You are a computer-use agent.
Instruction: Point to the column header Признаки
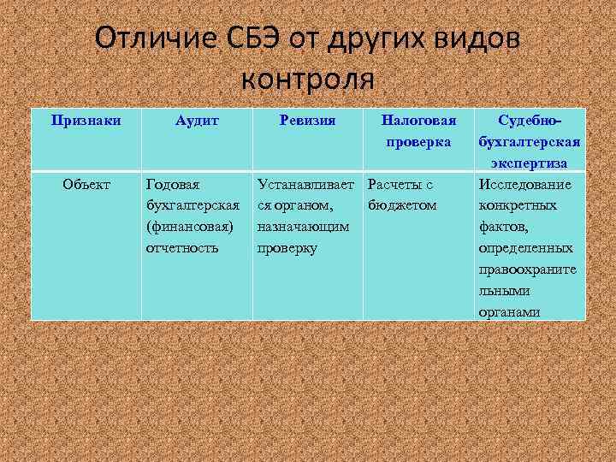(85, 121)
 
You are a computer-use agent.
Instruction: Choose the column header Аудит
(197, 121)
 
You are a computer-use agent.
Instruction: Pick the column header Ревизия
(307, 121)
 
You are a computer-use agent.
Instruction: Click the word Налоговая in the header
(418, 121)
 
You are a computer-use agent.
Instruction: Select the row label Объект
(86, 184)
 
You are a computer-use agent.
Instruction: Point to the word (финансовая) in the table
(190, 227)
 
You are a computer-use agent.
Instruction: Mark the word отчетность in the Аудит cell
(182, 248)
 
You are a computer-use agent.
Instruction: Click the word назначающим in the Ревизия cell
(303, 227)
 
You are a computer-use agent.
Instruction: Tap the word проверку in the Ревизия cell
(287, 248)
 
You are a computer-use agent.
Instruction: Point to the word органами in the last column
(509, 312)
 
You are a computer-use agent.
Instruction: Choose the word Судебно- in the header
(530, 121)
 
